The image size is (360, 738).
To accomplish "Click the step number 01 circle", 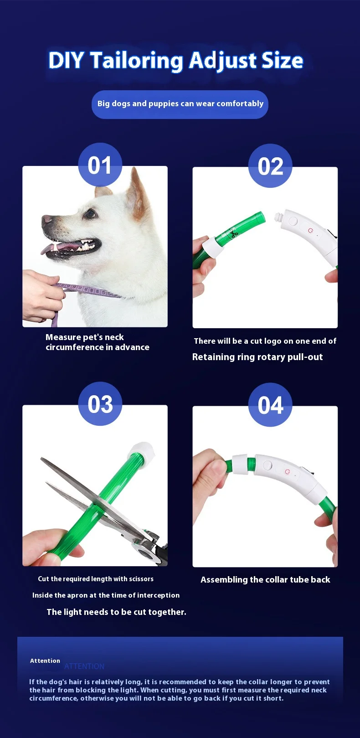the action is click(100, 165).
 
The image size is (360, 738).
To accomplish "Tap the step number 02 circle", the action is click(270, 165).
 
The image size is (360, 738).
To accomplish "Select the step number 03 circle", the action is click(100, 403).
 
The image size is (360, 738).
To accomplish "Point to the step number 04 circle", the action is click(270, 405).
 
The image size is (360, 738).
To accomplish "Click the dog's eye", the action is click(90, 214).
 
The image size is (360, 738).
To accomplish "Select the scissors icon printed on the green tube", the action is click(234, 234).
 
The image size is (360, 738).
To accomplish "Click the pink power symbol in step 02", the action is click(310, 230).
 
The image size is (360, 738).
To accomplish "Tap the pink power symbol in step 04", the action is click(288, 472).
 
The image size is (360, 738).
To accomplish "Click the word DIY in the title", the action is click(66, 60).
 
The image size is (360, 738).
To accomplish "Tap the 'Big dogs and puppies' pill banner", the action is click(180, 104).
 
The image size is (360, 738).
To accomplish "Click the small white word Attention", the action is click(45, 661).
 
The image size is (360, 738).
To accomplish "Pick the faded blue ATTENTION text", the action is click(84, 666).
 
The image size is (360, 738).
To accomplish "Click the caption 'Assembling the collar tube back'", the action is click(265, 579).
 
